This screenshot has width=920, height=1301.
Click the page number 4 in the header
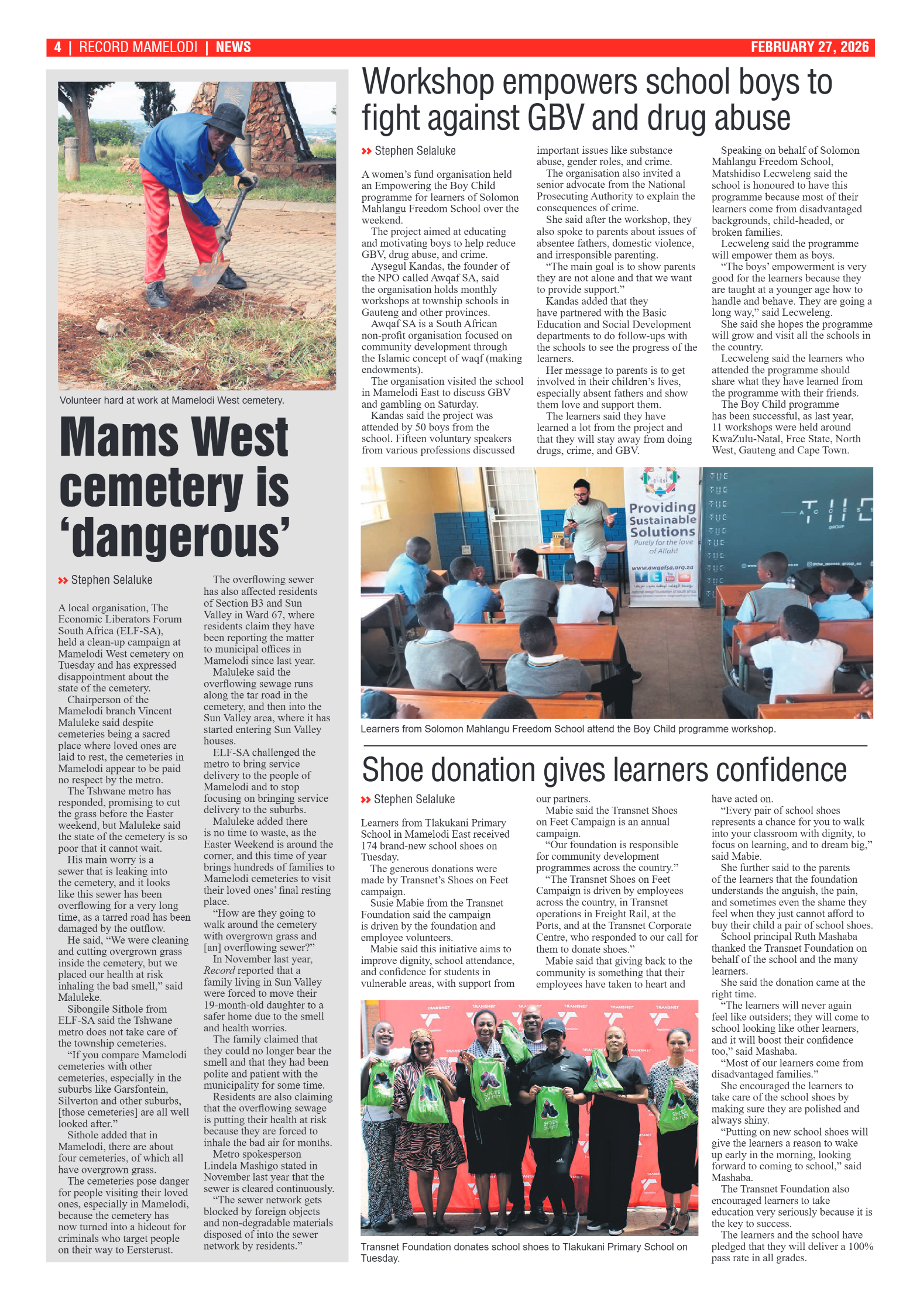click(x=57, y=47)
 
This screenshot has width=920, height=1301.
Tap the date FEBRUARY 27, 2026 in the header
click(x=809, y=47)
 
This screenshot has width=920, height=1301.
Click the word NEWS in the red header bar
click(x=233, y=47)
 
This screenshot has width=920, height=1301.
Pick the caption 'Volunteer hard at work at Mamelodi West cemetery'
click(x=171, y=400)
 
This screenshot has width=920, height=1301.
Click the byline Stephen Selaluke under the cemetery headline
click(x=111, y=580)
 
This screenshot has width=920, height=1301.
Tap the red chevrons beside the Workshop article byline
click(x=366, y=151)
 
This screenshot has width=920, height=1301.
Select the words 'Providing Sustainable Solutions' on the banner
click(x=662, y=519)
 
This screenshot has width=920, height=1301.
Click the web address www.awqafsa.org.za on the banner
click(x=662, y=567)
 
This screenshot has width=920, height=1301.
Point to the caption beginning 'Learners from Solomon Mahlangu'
click(x=568, y=729)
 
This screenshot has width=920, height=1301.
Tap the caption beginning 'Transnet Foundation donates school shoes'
click(x=523, y=1252)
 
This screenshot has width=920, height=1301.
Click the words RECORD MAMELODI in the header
click(x=138, y=47)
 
